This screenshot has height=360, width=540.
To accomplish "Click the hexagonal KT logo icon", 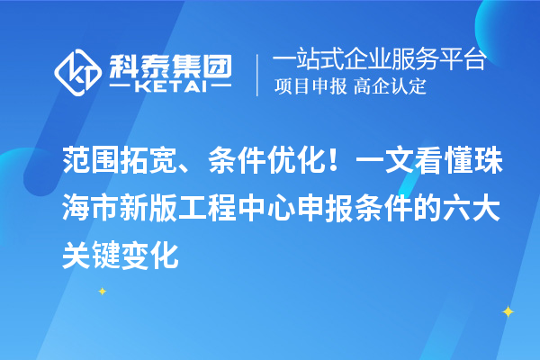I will [78, 71].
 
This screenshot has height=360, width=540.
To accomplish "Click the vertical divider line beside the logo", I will [258, 73].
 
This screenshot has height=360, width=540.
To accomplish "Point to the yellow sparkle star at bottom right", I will [507, 311].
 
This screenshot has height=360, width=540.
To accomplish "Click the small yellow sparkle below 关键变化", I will [103, 291].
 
